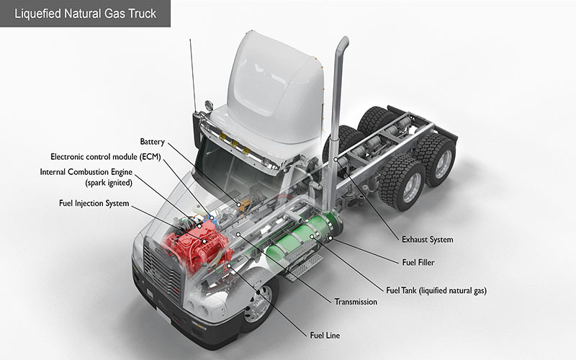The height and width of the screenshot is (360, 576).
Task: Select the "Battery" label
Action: (153, 141)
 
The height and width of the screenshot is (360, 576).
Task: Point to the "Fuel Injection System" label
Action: (94, 204)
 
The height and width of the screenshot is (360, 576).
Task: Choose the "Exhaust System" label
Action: (427, 239)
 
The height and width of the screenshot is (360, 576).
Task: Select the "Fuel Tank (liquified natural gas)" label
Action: (436, 291)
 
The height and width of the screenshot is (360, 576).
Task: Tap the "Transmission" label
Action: (356, 302)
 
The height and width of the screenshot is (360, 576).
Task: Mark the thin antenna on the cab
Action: (192, 72)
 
